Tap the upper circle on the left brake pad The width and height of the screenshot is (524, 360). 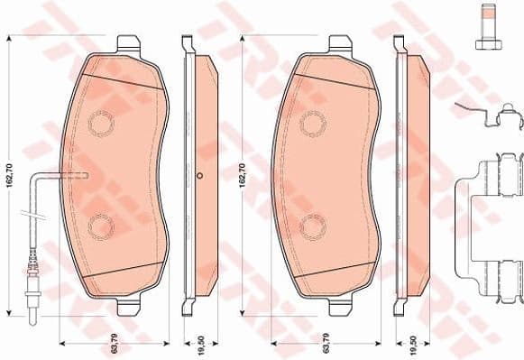pos(102,121)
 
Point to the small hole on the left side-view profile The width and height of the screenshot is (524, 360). pos(199,176)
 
